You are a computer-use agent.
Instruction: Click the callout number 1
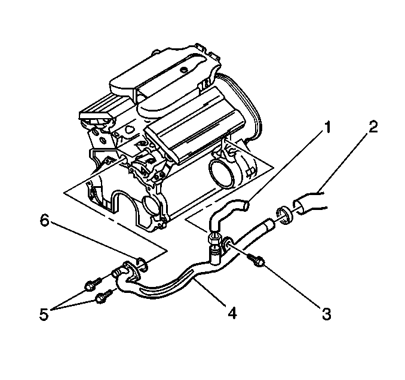(x=327, y=128)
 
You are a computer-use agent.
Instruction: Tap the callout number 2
(x=373, y=126)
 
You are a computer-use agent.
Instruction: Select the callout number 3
(x=327, y=314)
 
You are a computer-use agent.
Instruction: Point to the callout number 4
(x=232, y=313)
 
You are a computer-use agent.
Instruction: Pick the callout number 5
(x=44, y=314)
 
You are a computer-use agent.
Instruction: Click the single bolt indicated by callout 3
(x=256, y=260)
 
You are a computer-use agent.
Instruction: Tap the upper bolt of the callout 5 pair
(x=93, y=283)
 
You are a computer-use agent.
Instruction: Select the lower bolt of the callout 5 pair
(x=104, y=296)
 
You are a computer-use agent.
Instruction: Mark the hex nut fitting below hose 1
(x=214, y=239)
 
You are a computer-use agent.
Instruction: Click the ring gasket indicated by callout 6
(x=142, y=264)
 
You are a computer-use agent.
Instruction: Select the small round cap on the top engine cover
(x=184, y=70)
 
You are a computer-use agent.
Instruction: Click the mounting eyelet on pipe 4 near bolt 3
(x=228, y=243)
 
